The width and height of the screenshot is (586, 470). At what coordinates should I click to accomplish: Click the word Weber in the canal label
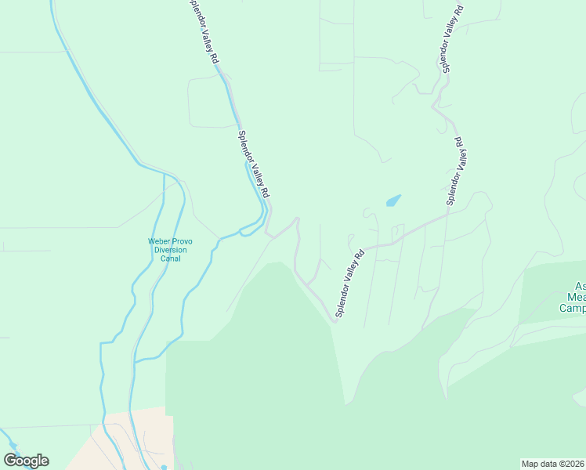pos(160,240)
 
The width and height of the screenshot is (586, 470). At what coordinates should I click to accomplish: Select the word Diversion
pos(170,250)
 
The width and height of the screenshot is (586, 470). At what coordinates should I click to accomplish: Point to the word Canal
pos(170,258)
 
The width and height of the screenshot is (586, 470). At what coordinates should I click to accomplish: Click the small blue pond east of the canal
pos(393,201)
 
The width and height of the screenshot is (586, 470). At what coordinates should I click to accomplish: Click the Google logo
pos(26,461)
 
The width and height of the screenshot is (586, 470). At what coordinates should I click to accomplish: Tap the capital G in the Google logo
pos(10,461)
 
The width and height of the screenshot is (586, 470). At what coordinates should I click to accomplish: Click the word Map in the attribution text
pos(530,464)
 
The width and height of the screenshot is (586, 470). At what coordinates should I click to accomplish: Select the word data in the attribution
pos(549,464)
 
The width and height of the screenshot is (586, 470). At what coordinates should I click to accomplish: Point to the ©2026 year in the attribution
pos(573,464)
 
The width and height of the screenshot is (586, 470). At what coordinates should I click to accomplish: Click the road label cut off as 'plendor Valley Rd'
pos(205,31)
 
